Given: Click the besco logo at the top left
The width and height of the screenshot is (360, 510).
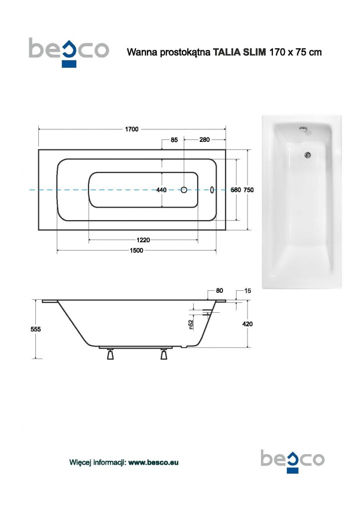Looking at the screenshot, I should [69, 51].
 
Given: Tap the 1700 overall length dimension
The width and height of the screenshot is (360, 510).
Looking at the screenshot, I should [131, 129].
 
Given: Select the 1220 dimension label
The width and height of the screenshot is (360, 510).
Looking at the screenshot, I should [143, 240].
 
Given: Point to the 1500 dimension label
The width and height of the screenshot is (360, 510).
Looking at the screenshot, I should [137, 251].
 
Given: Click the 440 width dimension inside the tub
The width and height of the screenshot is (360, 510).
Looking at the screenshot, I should [161, 190].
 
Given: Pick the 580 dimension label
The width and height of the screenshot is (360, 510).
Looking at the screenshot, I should [236, 190].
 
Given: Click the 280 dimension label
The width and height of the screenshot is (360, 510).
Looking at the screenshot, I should [204, 140].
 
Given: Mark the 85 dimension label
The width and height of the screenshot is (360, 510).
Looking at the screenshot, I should [174, 140].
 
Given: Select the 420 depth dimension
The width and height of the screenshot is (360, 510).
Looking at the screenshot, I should [247, 324].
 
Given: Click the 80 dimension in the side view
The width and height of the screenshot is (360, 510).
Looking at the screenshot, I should [220, 291].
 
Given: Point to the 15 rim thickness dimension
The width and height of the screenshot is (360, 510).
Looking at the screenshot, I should [247, 291].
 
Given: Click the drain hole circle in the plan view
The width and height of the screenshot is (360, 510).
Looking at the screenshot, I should [184, 190].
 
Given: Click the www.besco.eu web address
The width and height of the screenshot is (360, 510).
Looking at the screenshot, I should [153, 463].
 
